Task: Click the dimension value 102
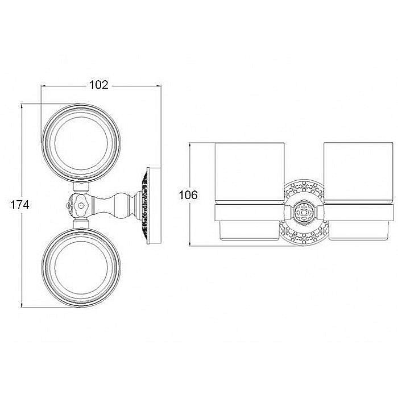pos(99,85)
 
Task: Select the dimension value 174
pos(20,205)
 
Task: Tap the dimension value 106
pos(188,195)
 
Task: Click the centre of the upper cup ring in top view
pos(43,143)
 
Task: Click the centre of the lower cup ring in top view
pos(43,267)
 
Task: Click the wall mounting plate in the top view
pos(154,206)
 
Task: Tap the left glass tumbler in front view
pos(250,173)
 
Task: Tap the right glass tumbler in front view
pos(358,173)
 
